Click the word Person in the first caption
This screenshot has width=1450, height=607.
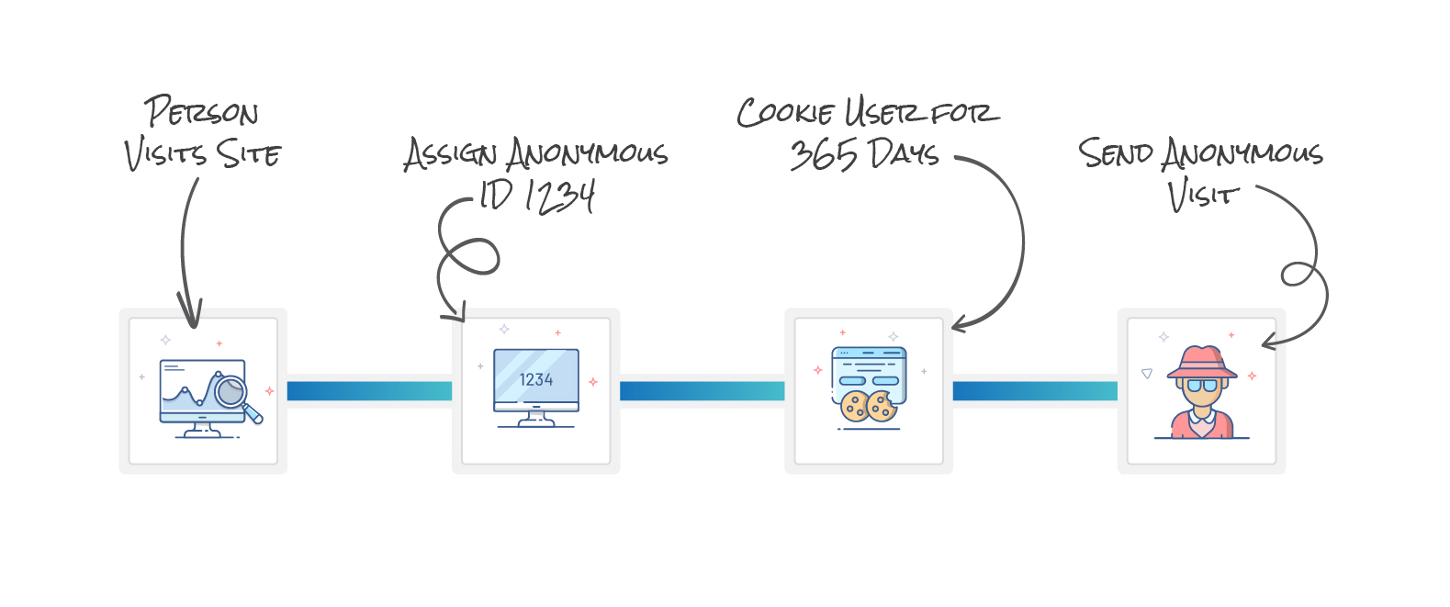(201, 112)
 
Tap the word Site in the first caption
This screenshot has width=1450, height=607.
(248, 153)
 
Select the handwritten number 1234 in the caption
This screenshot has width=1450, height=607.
(561, 196)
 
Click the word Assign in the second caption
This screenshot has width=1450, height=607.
(450, 153)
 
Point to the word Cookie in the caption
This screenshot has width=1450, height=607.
(785, 112)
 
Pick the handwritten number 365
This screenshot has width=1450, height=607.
(823, 154)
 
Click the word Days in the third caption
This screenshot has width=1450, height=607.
(903, 153)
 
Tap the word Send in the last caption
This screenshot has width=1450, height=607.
(1114, 152)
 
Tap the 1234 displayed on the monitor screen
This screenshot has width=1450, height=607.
(536, 380)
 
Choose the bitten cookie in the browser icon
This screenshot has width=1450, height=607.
(882, 406)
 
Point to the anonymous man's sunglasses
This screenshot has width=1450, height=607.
(1201, 386)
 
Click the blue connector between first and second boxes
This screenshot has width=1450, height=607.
(369, 391)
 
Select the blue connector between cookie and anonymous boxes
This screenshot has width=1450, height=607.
(1035, 391)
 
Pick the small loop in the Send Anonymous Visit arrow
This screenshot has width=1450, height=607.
(1297, 274)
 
